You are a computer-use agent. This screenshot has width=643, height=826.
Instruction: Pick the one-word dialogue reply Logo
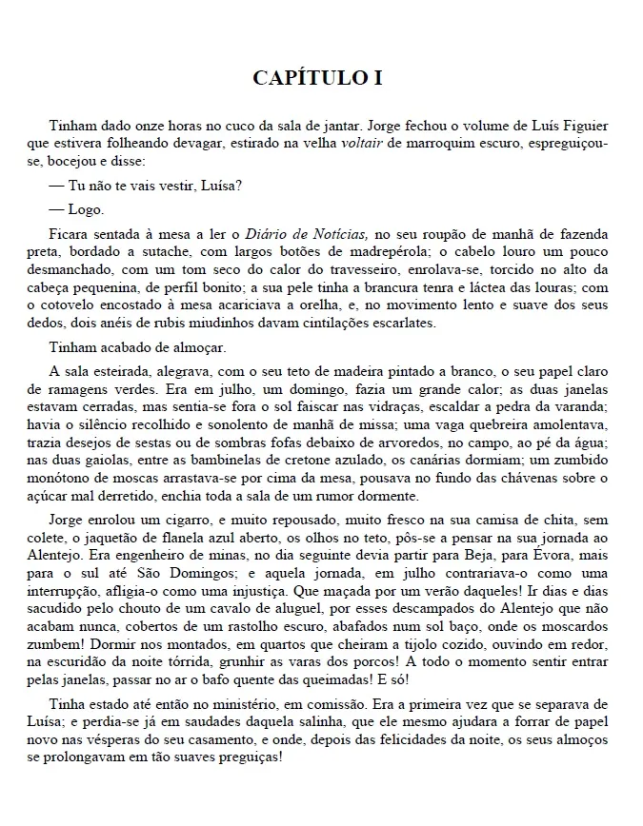point(86,208)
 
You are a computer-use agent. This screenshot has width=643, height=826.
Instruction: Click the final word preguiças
point(251,758)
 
